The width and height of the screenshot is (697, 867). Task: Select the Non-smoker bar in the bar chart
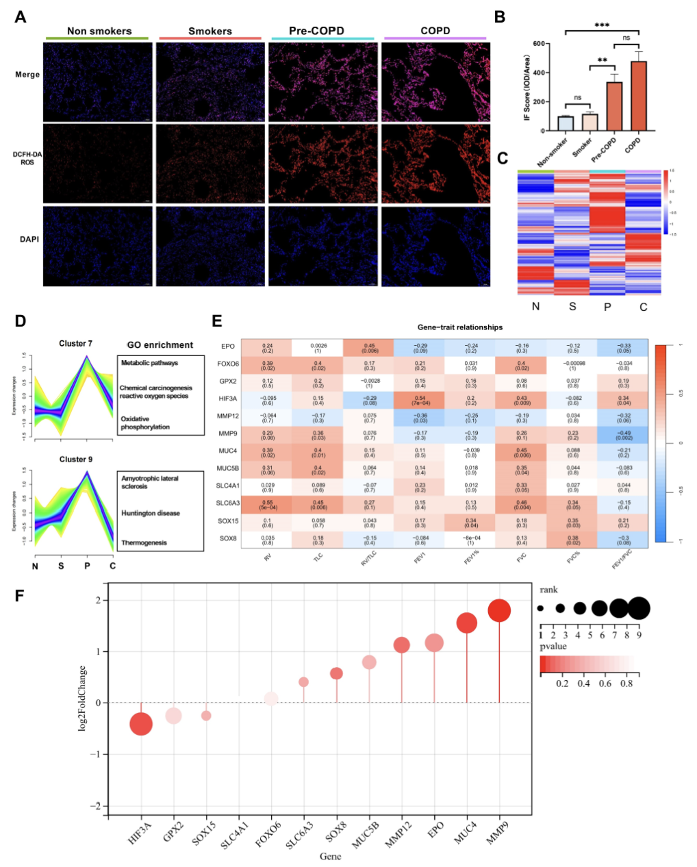pyautogui.click(x=565, y=124)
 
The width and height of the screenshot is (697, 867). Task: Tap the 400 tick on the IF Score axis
pyautogui.click(x=541, y=73)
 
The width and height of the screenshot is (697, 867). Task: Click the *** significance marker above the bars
pyautogui.click(x=602, y=26)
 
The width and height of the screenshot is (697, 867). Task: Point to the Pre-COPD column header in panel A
pyautogui.click(x=316, y=31)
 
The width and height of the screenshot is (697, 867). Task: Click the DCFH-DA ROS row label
pyautogui.click(x=27, y=158)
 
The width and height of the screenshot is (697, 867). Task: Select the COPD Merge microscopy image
pyautogui.click(x=435, y=81)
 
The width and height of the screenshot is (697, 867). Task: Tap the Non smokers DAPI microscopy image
pyautogui.click(x=98, y=246)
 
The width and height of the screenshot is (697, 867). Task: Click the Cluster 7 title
pyautogui.click(x=75, y=344)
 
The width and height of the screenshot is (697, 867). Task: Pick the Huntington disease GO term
pyautogui.click(x=151, y=513)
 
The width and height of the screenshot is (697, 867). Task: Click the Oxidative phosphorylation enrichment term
pyautogui.click(x=145, y=423)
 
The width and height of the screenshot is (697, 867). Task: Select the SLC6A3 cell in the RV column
pyautogui.click(x=268, y=504)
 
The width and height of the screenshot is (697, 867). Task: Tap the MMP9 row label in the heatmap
pyautogui.click(x=229, y=433)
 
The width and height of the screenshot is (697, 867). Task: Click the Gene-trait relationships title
pyautogui.click(x=459, y=327)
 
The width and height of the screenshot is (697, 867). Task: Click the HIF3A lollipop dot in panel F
pyautogui.click(x=141, y=724)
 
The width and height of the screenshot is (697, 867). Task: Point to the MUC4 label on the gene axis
pyautogui.click(x=466, y=833)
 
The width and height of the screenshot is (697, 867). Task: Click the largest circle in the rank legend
pyautogui.click(x=639, y=607)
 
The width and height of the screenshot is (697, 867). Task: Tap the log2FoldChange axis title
pyautogui.click(x=83, y=699)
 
